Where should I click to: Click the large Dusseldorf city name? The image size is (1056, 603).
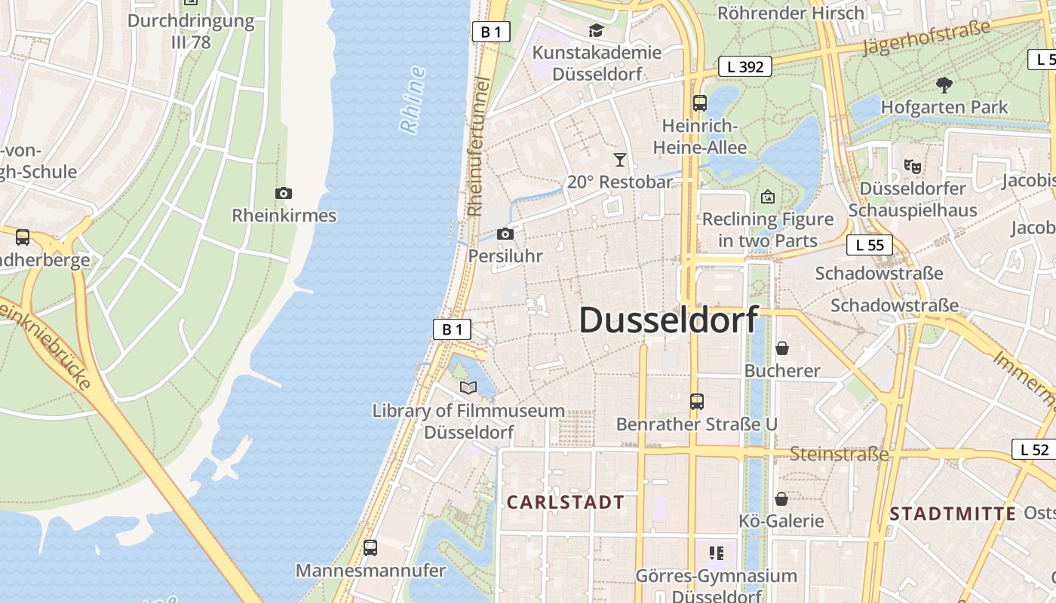668,320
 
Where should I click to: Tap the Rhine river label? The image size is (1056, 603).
413,100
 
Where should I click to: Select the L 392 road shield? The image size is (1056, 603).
745,66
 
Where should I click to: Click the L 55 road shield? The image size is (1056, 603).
870,245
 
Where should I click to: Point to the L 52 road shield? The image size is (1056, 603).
1034,449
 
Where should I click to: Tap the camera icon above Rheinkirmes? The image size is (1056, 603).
284,194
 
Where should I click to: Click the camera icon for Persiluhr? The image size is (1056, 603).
505,234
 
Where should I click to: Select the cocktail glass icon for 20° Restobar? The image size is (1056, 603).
620,159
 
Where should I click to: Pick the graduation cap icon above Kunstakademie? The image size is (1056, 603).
597,30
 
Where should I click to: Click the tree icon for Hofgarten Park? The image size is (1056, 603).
944,84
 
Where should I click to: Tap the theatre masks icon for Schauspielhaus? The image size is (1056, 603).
912,165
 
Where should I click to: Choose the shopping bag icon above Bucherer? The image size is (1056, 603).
782,348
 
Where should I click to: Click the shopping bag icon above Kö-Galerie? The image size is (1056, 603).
781,499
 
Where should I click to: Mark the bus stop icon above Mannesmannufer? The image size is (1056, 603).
370,548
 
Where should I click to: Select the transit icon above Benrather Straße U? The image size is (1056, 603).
697,402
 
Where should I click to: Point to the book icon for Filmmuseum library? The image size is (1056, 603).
468,387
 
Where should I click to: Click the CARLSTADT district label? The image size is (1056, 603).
565,502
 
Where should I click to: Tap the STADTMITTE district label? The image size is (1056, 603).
953,514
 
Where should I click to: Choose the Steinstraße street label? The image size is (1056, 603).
839,454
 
